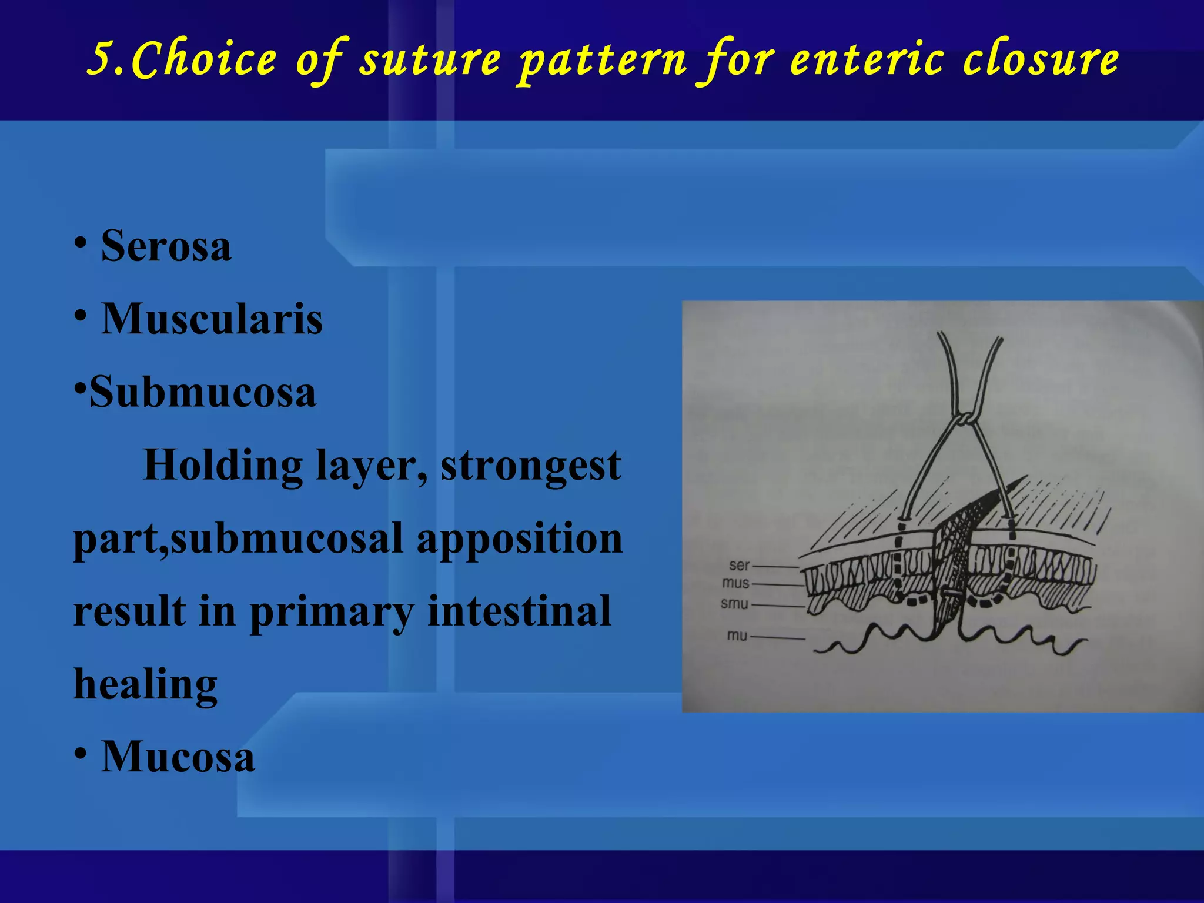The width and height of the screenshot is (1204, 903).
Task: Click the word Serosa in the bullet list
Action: [166, 246]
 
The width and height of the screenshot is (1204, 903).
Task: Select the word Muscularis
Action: [212, 319]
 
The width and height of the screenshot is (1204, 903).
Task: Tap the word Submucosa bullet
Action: [202, 392]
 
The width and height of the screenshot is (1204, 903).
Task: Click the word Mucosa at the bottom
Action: [178, 757]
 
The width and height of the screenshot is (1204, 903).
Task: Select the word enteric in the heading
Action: [867, 60]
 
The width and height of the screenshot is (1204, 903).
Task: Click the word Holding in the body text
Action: [222, 466]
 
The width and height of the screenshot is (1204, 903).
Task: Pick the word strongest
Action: [530, 466]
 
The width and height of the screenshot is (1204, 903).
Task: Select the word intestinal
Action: [519, 611]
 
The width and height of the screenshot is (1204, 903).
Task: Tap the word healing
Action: [145, 684]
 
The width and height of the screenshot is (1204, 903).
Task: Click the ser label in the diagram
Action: [739, 566]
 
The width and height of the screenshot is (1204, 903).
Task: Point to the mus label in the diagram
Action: [735, 583]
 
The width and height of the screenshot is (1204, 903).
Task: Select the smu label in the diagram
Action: [734, 604]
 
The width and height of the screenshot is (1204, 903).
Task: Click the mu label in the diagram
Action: [737, 636]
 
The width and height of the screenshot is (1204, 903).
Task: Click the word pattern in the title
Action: [602, 60]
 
